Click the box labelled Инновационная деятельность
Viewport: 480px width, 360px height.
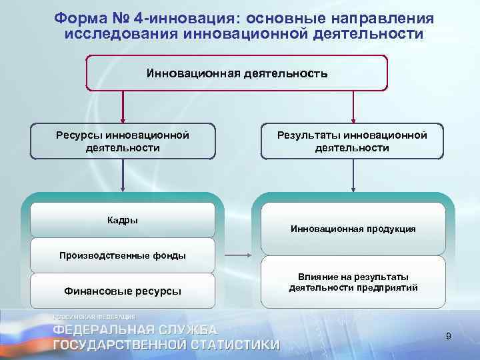237,73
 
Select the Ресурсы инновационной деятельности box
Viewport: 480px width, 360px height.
123,141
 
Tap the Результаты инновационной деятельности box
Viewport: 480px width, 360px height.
352,141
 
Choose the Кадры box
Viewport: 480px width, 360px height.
123,221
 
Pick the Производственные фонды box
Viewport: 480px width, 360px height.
123,255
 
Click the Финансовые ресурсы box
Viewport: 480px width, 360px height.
123,291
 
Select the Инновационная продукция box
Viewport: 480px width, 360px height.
353,229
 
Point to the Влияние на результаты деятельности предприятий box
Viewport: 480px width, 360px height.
353,283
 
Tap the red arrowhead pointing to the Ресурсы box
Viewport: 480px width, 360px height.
123,118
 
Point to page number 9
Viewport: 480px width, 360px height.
449,337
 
